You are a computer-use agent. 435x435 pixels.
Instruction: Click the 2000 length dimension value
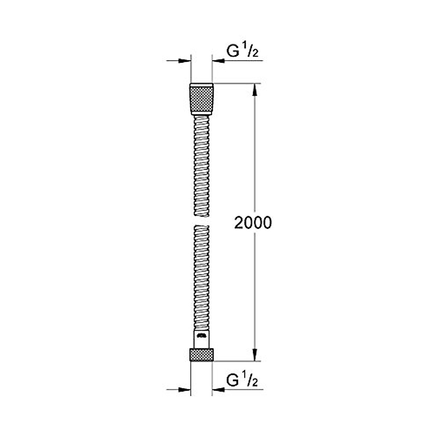[x=253, y=223]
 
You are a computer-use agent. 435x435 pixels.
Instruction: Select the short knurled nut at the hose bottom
[x=202, y=355]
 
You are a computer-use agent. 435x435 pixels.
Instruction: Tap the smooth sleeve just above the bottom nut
[x=202, y=339]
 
